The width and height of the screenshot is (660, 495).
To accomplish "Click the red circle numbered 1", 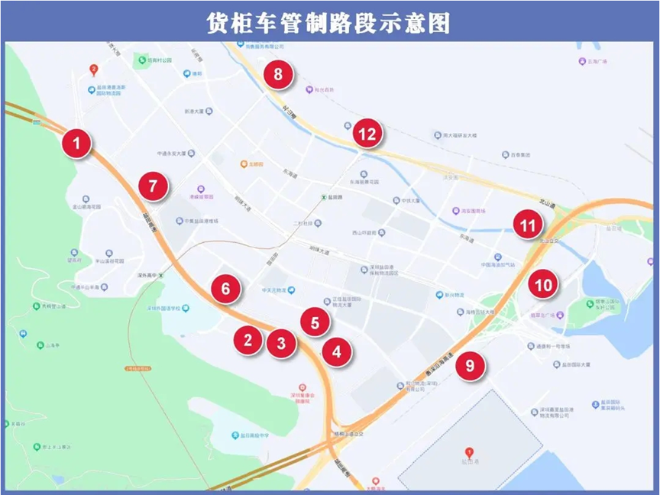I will pyautogui.click(x=76, y=143).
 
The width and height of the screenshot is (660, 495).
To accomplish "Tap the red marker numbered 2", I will pyautogui.click(x=247, y=339).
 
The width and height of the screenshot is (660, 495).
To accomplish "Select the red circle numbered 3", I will pyautogui.click(x=281, y=342).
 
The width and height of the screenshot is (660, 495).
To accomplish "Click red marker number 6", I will pyautogui.click(x=226, y=289).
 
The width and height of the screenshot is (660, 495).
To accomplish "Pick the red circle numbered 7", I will pyautogui.click(x=154, y=186).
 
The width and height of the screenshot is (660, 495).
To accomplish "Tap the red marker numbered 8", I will pyautogui.click(x=278, y=75).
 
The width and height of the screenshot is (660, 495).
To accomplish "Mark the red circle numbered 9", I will pyautogui.click(x=470, y=365).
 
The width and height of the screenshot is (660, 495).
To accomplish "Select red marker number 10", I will pyautogui.click(x=542, y=285).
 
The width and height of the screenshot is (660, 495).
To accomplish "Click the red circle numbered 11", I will pyautogui.click(x=527, y=225).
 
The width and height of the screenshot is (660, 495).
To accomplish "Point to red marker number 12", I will pyautogui.click(x=367, y=134).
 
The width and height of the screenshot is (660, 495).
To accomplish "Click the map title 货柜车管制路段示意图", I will pyautogui.click(x=329, y=22).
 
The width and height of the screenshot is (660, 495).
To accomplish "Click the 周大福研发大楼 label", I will pyautogui.click(x=460, y=135).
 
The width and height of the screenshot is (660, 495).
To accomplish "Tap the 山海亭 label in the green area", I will pyautogui.click(x=52, y=345).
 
